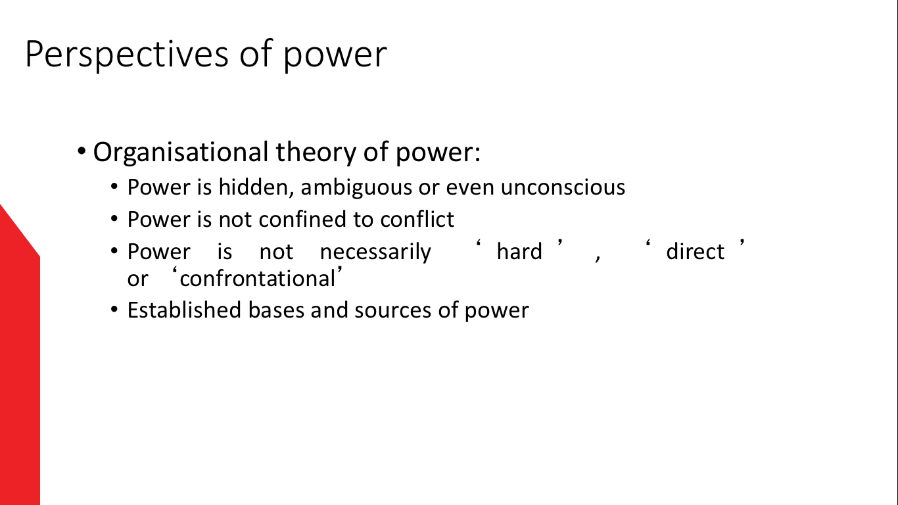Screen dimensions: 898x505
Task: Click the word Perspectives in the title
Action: [127, 55]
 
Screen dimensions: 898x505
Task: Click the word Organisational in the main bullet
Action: [180, 153]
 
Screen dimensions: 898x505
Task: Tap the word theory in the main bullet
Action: [316, 153]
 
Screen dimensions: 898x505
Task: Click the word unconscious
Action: [563, 187]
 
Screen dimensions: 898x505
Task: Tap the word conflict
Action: [417, 220]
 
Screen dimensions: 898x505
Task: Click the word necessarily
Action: [375, 252]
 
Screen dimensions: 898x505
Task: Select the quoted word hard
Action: [519, 251]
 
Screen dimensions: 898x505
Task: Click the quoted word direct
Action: [695, 251]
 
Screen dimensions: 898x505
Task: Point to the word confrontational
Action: [258, 279]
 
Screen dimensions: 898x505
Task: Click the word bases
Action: [276, 310]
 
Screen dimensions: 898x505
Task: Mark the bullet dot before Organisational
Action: [82, 152]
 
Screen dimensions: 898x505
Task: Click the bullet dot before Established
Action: [114, 310]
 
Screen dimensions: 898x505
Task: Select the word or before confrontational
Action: [137, 279]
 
